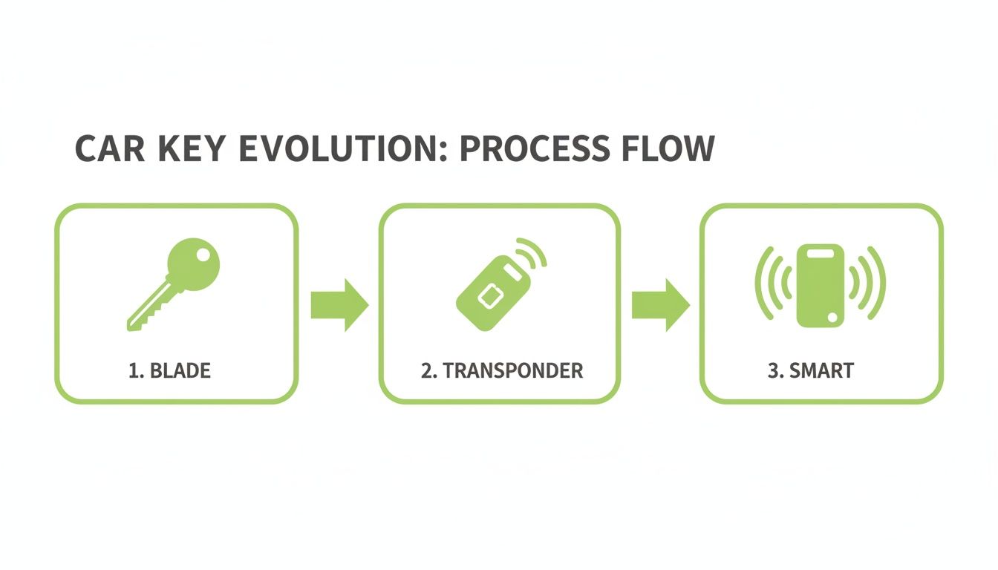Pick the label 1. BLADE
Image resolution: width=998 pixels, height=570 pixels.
(x=169, y=370)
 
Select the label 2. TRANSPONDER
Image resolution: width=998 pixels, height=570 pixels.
(x=501, y=370)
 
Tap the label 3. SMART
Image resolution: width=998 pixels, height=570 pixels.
(x=810, y=370)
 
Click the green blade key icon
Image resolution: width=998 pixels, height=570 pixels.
(x=175, y=283)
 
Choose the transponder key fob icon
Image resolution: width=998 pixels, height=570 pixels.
(x=494, y=293)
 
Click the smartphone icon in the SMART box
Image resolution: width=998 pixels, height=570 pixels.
(x=821, y=285)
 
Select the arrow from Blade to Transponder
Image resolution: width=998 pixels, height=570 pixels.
(x=339, y=304)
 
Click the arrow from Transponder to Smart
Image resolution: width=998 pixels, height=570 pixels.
(x=660, y=304)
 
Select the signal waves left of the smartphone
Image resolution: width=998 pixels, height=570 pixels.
(x=770, y=284)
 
